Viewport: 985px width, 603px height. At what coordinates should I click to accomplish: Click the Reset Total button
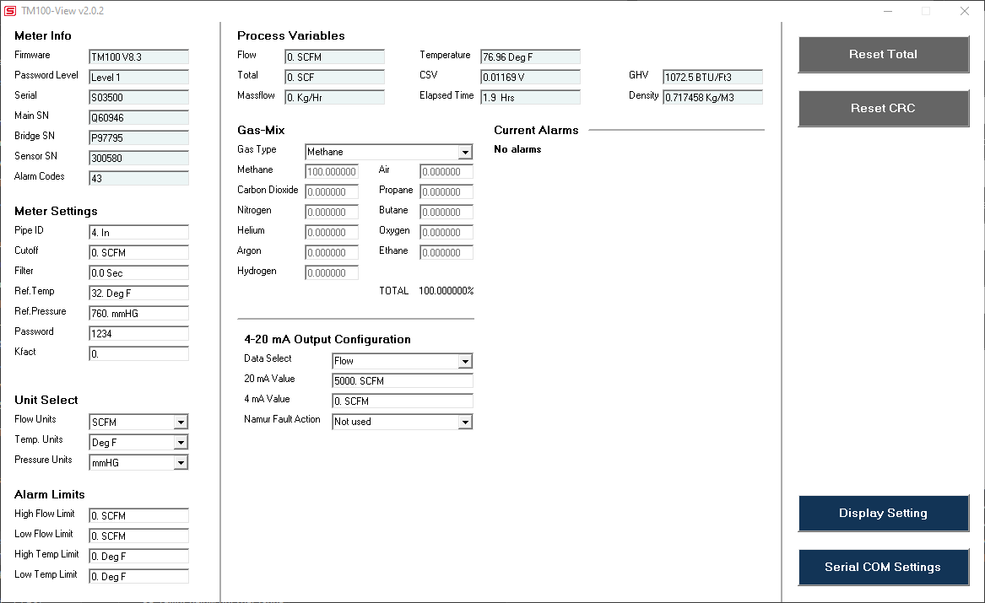click(883, 55)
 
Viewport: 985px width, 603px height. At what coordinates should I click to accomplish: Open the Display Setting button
click(883, 514)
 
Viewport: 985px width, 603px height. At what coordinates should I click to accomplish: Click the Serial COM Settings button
click(883, 568)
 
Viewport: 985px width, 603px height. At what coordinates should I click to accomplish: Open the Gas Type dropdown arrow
click(465, 152)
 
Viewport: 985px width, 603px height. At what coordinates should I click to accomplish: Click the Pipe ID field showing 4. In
click(138, 233)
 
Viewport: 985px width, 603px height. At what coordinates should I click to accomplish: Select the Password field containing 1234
click(138, 334)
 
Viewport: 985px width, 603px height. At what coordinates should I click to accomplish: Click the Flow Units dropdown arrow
click(181, 422)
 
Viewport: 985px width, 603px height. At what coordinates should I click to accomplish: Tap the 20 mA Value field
click(403, 381)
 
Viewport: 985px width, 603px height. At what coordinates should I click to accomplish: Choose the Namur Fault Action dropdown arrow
click(465, 422)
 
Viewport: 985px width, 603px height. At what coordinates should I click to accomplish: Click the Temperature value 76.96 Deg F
click(530, 57)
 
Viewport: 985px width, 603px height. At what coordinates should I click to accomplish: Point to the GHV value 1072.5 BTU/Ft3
click(712, 78)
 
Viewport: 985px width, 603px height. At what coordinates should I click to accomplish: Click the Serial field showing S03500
click(138, 98)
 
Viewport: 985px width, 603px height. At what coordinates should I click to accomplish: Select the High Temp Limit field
click(138, 557)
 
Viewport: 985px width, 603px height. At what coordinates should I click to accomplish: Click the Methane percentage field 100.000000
click(332, 172)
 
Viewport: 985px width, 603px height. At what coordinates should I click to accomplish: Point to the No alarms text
click(517, 149)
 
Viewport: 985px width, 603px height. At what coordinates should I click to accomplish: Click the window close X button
click(965, 11)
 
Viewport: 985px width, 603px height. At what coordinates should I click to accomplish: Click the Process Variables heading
click(291, 35)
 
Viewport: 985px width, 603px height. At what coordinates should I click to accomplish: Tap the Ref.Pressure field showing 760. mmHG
click(138, 314)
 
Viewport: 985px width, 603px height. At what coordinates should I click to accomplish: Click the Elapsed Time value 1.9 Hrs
click(530, 98)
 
